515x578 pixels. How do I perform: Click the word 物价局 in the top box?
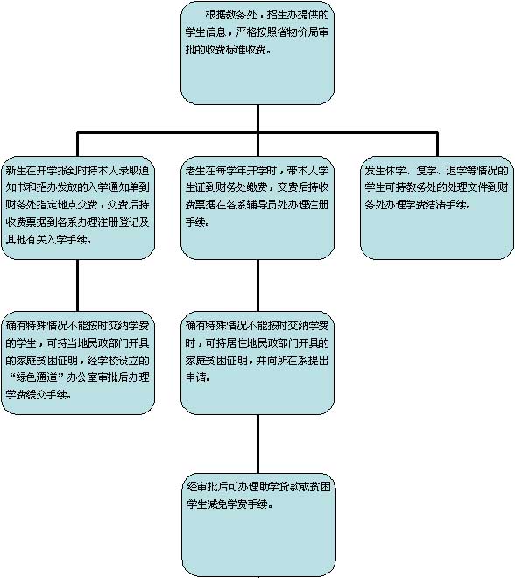pos(293,32)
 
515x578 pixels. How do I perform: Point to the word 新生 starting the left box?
pos(16,170)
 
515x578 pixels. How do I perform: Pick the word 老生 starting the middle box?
pos(195,170)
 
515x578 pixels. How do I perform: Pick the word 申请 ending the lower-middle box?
pos(195,377)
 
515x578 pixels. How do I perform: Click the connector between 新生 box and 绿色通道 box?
pos(77,285)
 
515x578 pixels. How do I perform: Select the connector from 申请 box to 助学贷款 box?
pos(257,444)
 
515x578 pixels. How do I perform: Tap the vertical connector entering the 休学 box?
pos(437,144)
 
